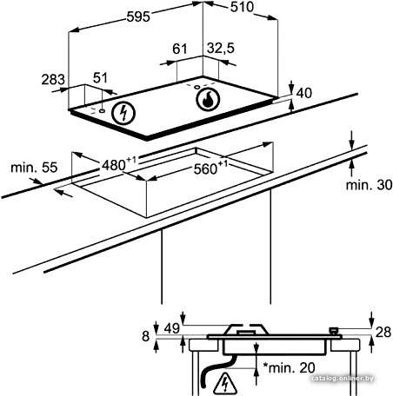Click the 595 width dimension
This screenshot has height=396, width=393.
[138, 16]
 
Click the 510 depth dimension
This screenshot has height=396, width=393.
[242, 7]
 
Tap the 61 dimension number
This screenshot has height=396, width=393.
[180, 49]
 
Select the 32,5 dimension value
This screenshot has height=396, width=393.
[221, 48]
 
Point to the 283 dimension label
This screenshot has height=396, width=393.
[53, 80]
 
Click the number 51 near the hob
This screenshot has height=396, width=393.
[100, 78]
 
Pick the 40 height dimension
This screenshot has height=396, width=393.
[304, 93]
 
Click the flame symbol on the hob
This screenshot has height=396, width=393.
[208, 99]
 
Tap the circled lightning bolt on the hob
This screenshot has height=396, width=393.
[123, 113]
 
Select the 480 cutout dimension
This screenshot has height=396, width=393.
[119, 164]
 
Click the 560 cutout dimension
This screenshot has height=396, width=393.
[210, 168]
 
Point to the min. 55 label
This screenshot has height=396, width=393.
[34, 168]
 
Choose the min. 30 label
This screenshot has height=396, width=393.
[369, 185]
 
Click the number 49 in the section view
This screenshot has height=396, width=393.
[172, 329]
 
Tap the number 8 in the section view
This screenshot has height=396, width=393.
[145, 336]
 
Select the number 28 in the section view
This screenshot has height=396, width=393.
[383, 333]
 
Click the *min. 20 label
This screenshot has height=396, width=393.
[289, 368]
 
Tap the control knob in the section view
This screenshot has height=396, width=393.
[334, 331]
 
